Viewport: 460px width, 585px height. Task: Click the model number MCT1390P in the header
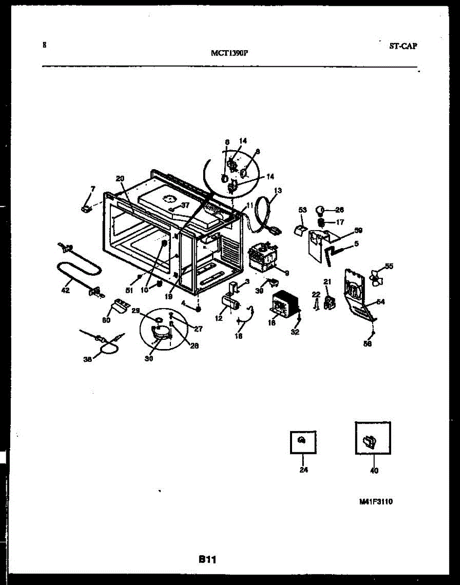coord(230,54)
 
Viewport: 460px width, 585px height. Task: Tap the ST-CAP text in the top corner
coord(403,46)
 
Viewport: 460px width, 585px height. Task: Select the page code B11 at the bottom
coord(207,560)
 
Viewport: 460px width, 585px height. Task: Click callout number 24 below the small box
coord(303,470)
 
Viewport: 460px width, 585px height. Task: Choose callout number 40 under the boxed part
coord(374,470)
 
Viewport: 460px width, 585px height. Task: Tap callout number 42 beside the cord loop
coord(65,291)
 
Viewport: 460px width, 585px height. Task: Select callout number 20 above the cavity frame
coord(120,178)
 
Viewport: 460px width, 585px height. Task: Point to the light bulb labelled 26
coord(320,210)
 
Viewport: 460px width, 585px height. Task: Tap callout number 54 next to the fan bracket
coord(380,302)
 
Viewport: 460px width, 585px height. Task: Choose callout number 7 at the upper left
coord(93,188)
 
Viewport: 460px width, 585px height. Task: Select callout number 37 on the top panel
coord(185,205)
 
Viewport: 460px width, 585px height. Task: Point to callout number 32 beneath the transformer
coord(295,332)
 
